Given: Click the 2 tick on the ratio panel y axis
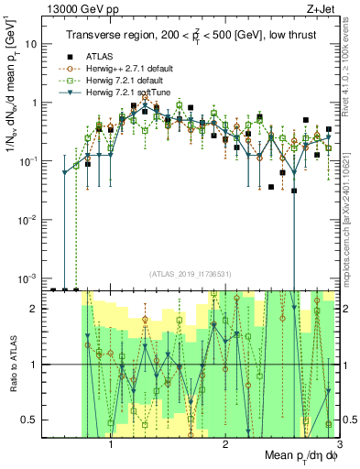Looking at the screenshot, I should pos(38,309).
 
